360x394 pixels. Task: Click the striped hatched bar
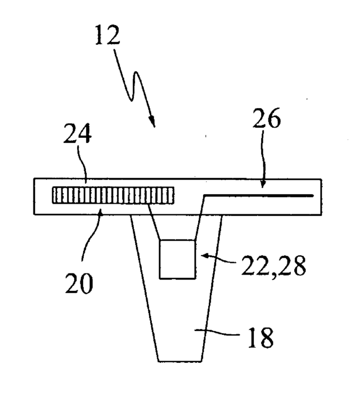pos(113,195)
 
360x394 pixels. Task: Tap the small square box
pos(177,259)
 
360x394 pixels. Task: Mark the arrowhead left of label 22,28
pos(204,256)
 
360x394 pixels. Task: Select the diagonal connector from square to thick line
pos(200,219)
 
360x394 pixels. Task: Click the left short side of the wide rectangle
pos(34,196)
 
